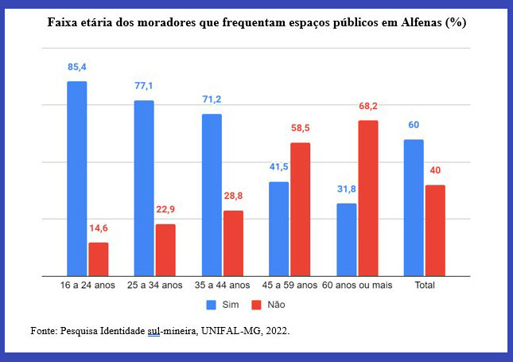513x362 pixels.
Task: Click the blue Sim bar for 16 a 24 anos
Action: click(x=77, y=178)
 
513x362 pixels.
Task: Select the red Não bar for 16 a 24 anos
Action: click(x=99, y=259)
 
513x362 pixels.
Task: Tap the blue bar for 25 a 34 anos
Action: click(x=144, y=188)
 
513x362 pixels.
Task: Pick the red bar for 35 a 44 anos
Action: click(x=233, y=243)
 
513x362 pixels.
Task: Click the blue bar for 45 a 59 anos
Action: click(x=279, y=228)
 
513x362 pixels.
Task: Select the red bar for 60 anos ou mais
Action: click(x=367, y=198)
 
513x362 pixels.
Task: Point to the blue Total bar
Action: click(x=414, y=208)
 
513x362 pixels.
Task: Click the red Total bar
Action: click(x=435, y=230)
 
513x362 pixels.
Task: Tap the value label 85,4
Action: click(x=77, y=68)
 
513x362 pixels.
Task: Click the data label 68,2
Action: click(x=368, y=107)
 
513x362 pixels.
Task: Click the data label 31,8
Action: click(x=347, y=189)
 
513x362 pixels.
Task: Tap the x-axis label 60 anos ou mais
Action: click(x=357, y=284)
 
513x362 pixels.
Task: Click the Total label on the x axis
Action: click(x=424, y=284)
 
